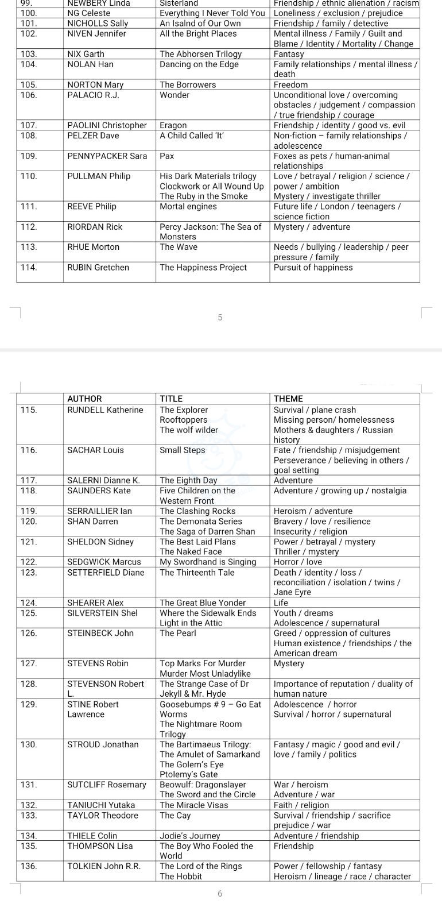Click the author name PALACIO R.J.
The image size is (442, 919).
pyautogui.click(x=93, y=95)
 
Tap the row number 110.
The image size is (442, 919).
pyautogui.click(x=29, y=176)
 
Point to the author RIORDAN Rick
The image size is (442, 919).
pyautogui.click(x=95, y=227)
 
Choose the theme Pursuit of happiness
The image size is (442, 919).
pyautogui.click(x=313, y=268)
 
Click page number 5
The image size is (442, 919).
pyautogui.click(x=220, y=317)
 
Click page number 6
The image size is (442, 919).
pyautogui.click(x=220, y=894)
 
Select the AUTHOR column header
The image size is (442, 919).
pyautogui.click(x=84, y=399)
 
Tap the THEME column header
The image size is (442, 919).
pyautogui.click(x=288, y=399)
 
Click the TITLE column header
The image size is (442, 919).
pyautogui.click(x=171, y=399)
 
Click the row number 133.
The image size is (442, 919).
pyautogui.click(x=29, y=816)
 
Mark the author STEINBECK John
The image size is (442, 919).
pyautogui.click(x=100, y=634)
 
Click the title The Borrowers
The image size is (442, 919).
pyautogui.click(x=188, y=85)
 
